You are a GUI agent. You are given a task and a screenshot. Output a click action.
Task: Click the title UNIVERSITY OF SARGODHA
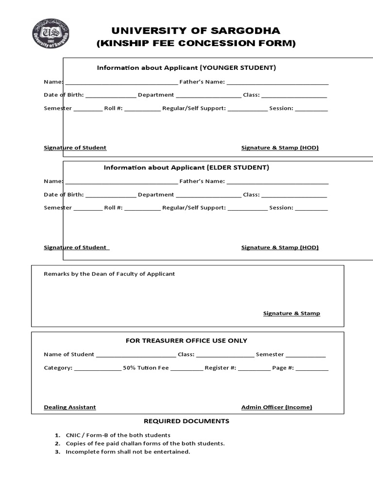196,31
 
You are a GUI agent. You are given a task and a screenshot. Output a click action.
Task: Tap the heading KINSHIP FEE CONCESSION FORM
196,44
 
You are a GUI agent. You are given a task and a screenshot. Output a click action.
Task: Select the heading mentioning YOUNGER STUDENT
186,68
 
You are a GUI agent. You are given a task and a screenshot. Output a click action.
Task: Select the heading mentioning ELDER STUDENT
186,168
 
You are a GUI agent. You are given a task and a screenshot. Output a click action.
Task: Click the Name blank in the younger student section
121,83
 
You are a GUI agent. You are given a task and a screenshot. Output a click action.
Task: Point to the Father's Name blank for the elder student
277,182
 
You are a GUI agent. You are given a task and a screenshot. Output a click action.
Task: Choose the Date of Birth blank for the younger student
111,96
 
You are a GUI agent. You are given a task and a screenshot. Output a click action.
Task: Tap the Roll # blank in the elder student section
142,209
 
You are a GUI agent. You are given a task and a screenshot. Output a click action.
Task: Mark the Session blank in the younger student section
311,109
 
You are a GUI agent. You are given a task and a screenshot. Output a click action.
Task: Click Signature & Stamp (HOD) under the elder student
280,248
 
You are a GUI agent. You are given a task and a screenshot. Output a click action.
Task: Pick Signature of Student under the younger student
75,148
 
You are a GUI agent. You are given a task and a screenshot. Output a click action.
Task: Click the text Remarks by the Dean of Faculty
109,274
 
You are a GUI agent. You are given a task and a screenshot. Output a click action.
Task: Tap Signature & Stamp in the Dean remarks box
291,314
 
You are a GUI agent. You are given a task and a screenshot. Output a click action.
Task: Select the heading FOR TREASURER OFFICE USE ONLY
186,341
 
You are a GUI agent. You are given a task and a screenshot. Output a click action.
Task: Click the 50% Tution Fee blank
187,369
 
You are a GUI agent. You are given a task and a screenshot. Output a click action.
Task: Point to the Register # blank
254,369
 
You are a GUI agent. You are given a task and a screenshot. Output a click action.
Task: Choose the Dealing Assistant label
70,407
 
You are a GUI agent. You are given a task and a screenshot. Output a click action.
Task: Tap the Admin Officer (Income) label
277,407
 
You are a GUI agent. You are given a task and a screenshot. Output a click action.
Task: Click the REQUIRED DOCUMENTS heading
186,421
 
